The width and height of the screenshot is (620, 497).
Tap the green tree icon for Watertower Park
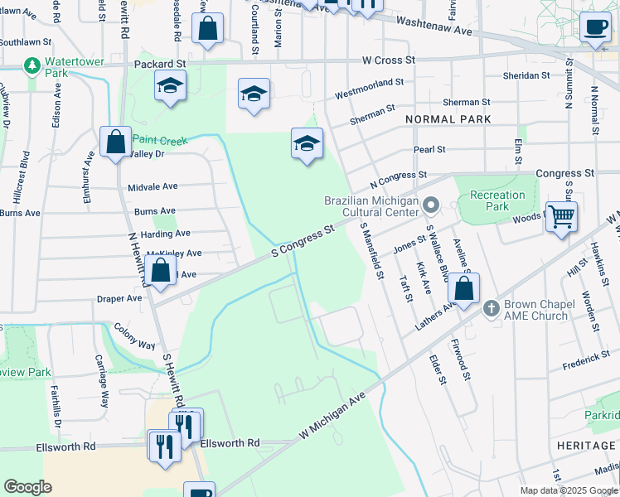click(x=32, y=65)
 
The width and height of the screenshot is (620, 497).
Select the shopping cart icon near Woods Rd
click(x=562, y=217)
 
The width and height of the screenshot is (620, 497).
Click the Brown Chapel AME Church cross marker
click(x=491, y=308)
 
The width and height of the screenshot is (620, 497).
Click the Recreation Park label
click(x=497, y=200)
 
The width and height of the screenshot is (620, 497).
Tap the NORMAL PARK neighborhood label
click(x=448, y=119)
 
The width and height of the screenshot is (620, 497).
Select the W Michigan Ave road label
click(x=332, y=416)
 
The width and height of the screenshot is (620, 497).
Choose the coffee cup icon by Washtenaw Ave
click(x=594, y=27)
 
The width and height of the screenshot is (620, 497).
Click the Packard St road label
click(x=157, y=64)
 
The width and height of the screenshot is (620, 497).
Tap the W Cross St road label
click(x=388, y=60)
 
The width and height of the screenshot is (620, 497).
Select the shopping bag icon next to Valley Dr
click(x=115, y=142)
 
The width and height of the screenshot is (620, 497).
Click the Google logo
click(x=27, y=487)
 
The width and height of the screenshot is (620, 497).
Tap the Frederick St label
click(x=585, y=358)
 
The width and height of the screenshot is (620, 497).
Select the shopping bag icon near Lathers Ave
click(x=464, y=289)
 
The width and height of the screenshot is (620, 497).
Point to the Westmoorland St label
click(x=369, y=83)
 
